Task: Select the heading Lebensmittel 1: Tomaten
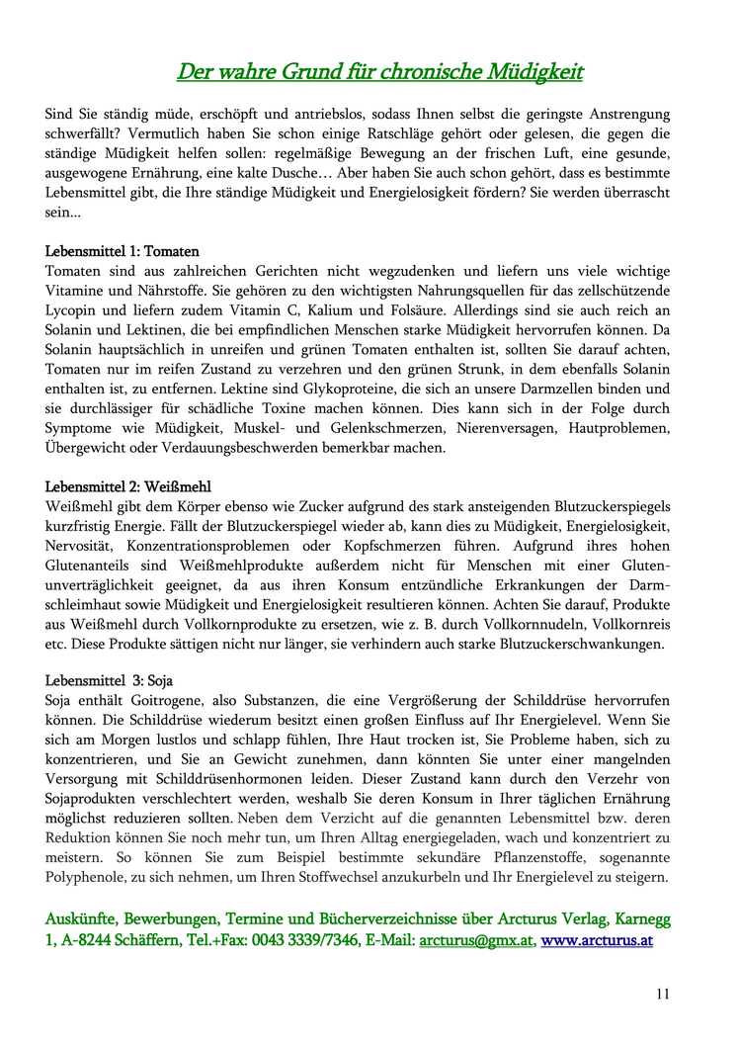coord(123,252)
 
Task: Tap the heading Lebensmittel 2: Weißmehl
coord(128,486)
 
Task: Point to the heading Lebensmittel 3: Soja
coord(110,681)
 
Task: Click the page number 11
coord(662,994)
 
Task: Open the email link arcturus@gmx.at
coord(476,940)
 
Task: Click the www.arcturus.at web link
coord(597,940)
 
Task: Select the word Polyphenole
coord(83,877)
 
